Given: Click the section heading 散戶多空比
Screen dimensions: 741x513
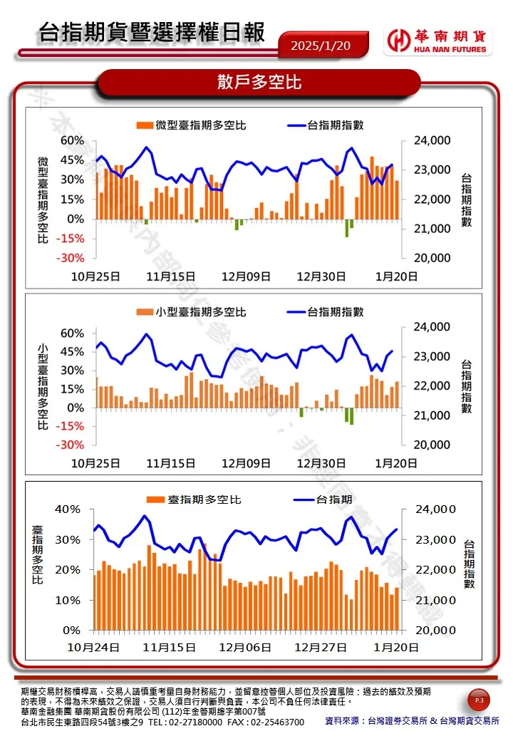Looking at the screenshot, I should point(259,83).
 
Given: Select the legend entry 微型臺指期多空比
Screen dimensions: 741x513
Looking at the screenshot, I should point(191,125).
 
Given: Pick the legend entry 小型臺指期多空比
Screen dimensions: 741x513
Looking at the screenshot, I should point(191,312).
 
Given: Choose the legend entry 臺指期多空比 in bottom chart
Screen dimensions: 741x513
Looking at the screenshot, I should point(194,499).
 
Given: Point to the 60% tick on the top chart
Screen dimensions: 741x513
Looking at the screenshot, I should point(72,140).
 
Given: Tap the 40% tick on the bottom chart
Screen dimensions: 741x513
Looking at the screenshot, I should point(71,509).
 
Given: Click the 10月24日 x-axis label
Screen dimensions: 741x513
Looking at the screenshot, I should point(93,648).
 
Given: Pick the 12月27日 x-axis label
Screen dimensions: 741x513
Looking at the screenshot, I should point(321,648).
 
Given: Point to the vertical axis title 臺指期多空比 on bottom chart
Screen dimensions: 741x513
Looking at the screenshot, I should point(38,555).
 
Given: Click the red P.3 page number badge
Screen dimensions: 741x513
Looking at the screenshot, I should point(479,702).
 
